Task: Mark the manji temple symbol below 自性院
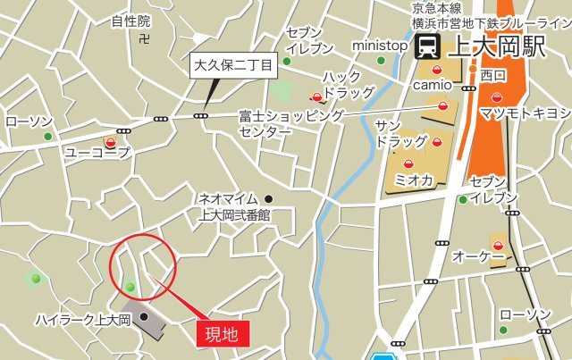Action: pyautogui.click(x=145, y=38)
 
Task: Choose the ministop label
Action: pyautogui.click(x=380, y=45)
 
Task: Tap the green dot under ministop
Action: pyautogui.click(x=382, y=61)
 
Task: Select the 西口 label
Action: pyautogui.click(x=493, y=74)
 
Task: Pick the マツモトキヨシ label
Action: pyautogui.click(x=525, y=113)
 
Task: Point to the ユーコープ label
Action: pyautogui.click(x=97, y=154)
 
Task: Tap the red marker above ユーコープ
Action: pyautogui.click(x=111, y=142)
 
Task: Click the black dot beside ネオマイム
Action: pyautogui.click(x=269, y=198)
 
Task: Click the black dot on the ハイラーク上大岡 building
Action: pyautogui.click(x=144, y=316)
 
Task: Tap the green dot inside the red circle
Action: pyautogui.click(x=130, y=287)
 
